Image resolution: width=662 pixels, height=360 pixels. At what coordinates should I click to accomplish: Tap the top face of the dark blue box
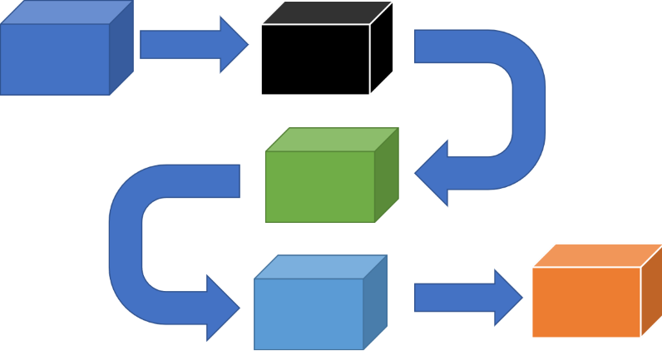tap(67, 12)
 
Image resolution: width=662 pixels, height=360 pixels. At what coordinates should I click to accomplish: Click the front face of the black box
tap(314, 59)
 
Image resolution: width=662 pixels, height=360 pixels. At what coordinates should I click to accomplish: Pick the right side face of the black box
tap(382, 47)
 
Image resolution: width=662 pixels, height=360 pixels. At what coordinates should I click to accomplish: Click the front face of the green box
tap(319, 186)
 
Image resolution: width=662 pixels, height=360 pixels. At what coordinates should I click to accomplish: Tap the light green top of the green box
tap(332, 139)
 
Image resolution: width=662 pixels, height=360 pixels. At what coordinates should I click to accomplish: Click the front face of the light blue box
tap(309, 313)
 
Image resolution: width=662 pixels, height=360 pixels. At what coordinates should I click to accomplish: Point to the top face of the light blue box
tap(321, 266)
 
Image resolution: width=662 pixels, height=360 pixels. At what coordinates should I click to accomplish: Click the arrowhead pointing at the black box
tap(233, 45)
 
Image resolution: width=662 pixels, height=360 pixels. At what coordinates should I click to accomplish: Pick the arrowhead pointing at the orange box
tap(508, 297)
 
